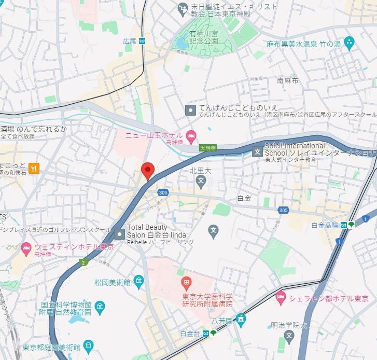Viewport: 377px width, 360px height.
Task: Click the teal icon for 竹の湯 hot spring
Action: [x=348, y=42]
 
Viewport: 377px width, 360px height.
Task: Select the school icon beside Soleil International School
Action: [x=257, y=152]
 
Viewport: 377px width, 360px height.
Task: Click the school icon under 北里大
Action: [x=201, y=181]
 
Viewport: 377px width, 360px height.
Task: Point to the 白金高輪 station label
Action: [x=325, y=225]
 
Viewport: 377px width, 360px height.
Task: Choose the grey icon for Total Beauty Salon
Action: [x=120, y=234]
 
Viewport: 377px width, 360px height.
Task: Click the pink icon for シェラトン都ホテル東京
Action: [x=281, y=299]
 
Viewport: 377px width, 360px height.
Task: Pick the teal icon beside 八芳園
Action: [x=240, y=318]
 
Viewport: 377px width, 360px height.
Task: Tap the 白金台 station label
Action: [x=190, y=333]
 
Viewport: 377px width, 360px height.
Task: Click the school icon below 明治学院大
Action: [x=289, y=337]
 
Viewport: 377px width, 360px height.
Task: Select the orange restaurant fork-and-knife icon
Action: [x=34, y=168]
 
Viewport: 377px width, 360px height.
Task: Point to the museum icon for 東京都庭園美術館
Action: [x=88, y=346]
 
